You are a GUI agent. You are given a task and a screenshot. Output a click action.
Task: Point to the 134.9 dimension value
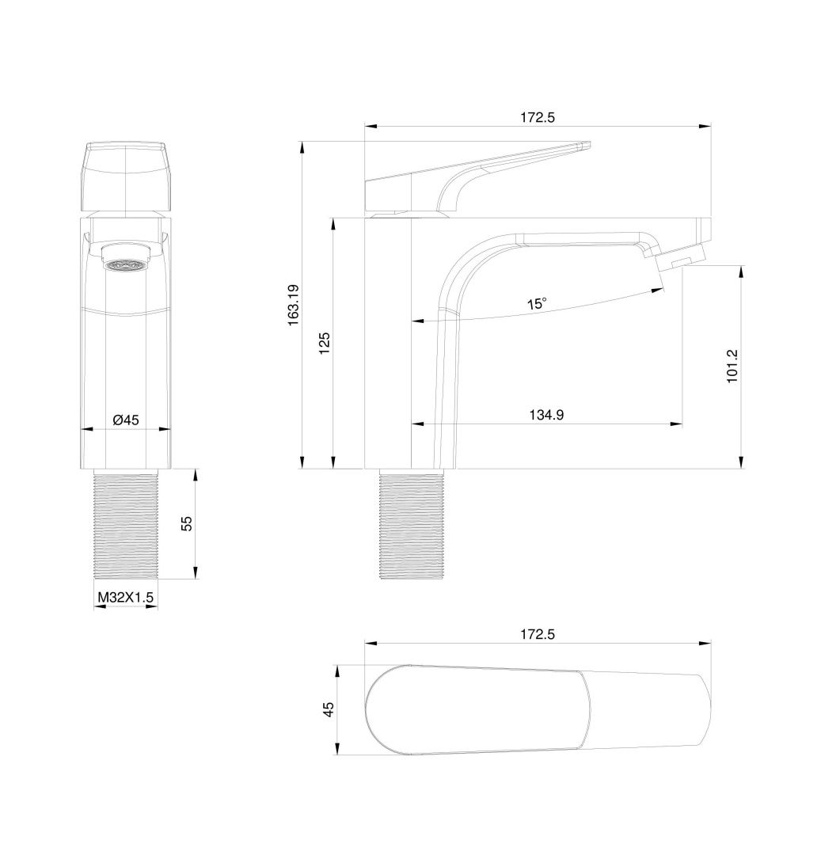[x=546, y=415]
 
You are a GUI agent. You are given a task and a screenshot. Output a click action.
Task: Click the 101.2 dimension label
[x=732, y=366]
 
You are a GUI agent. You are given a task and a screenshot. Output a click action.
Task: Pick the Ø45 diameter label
[x=126, y=420]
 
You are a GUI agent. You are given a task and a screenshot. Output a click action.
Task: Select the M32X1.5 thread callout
[x=125, y=598]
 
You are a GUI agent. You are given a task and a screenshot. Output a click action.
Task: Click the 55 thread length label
[x=187, y=524]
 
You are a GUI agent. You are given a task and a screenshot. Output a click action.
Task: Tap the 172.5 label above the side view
[x=538, y=117]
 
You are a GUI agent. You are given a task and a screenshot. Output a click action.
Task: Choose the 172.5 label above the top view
[x=538, y=635]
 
